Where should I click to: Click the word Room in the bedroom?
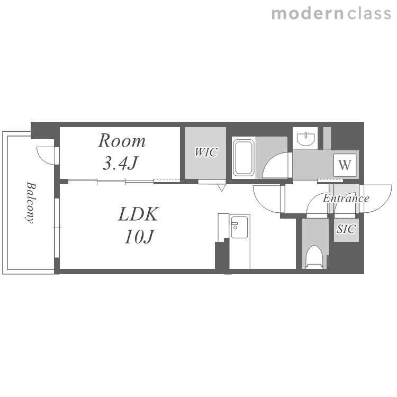[122, 140]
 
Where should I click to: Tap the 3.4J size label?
[120, 163]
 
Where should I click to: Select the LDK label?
[139, 214]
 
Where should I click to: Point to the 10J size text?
[139, 237]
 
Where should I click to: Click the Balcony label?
[31, 203]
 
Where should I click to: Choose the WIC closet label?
[206, 152]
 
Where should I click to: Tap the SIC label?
[346, 229]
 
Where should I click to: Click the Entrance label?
[346, 198]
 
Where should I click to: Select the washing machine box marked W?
[345, 165]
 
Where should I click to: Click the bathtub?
[243, 158]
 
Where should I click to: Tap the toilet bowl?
[314, 257]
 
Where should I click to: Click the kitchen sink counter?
[239, 241]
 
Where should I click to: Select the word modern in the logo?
[308, 14]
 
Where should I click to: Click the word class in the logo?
[369, 13]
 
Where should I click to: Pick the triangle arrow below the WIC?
[222, 187]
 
